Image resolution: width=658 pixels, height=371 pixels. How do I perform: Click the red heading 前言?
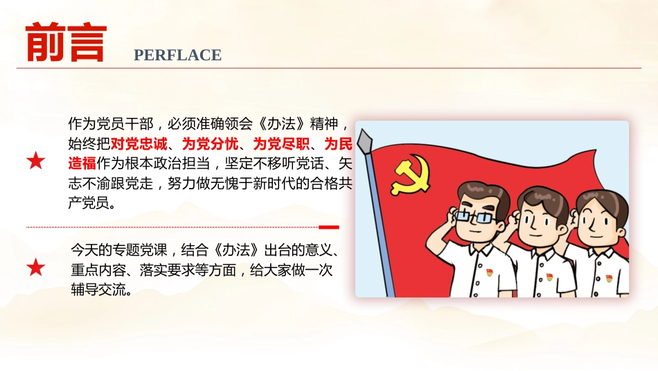(66, 43)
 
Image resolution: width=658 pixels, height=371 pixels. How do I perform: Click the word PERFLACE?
(177, 55)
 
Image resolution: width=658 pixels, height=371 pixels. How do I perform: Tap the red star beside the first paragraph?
(36, 162)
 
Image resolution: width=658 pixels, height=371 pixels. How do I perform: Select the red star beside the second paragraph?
(36, 267)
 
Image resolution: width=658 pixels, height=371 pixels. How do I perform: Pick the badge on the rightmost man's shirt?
(609, 278)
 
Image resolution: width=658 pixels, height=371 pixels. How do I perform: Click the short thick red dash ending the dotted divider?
(329, 227)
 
